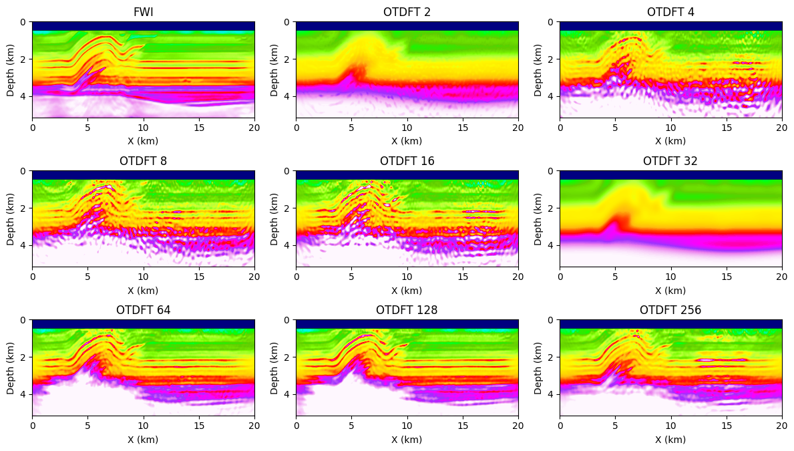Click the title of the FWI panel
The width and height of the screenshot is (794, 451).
tap(143, 12)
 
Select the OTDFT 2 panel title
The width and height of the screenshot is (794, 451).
tap(407, 12)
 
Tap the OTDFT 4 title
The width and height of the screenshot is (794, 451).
tap(670, 12)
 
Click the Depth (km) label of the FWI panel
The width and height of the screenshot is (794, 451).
tap(11, 69)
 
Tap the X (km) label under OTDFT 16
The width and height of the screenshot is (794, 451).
tap(407, 290)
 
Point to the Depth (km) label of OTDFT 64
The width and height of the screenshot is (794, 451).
tap(11, 367)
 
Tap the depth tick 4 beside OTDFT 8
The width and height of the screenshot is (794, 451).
tap(25, 245)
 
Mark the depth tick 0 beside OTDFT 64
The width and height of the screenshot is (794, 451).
tap(25, 320)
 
